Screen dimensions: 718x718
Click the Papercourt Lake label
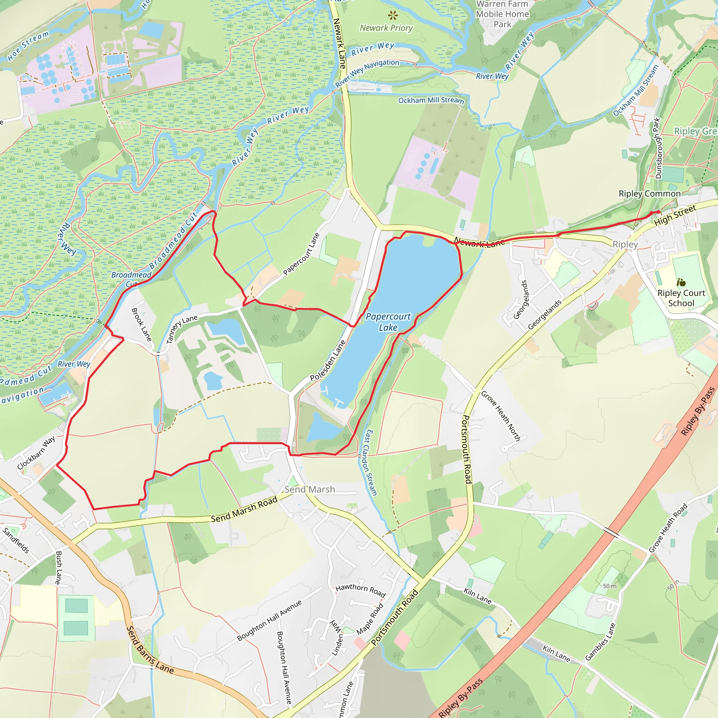pyautogui.click(x=388, y=322)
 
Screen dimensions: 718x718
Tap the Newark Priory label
pyautogui.click(x=386, y=28)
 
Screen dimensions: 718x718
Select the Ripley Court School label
pyautogui.click(x=681, y=298)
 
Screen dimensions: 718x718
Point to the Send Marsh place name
pyautogui.click(x=310, y=489)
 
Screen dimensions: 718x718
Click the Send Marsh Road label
pyautogui.click(x=244, y=509)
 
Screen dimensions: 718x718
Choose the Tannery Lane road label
pyautogui.click(x=181, y=329)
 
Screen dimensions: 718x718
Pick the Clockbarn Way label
pyautogui.click(x=36, y=453)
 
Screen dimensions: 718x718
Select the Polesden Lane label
pyautogui.click(x=327, y=360)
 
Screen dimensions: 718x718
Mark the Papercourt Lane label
pyautogui.click(x=301, y=254)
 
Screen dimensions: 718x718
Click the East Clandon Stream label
pyautogui.click(x=371, y=463)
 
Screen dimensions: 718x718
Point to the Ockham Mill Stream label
pyautogui.click(x=431, y=100)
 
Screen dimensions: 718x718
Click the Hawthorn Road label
pyautogui.click(x=360, y=590)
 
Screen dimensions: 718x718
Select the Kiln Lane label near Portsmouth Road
pyautogui.click(x=477, y=596)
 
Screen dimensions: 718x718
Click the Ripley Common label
pyautogui.click(x=649, y=194)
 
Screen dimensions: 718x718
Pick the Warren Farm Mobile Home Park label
pyautogui.click(x=502, y=14)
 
